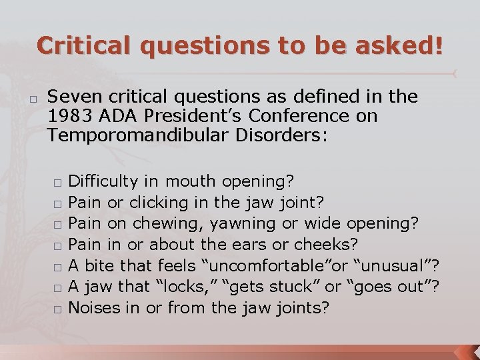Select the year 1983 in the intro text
(x=70, y=116)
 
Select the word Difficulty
(x=103, y=181)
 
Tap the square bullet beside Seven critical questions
(x=33, y=97)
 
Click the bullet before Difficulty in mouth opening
(x=59, y=182)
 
